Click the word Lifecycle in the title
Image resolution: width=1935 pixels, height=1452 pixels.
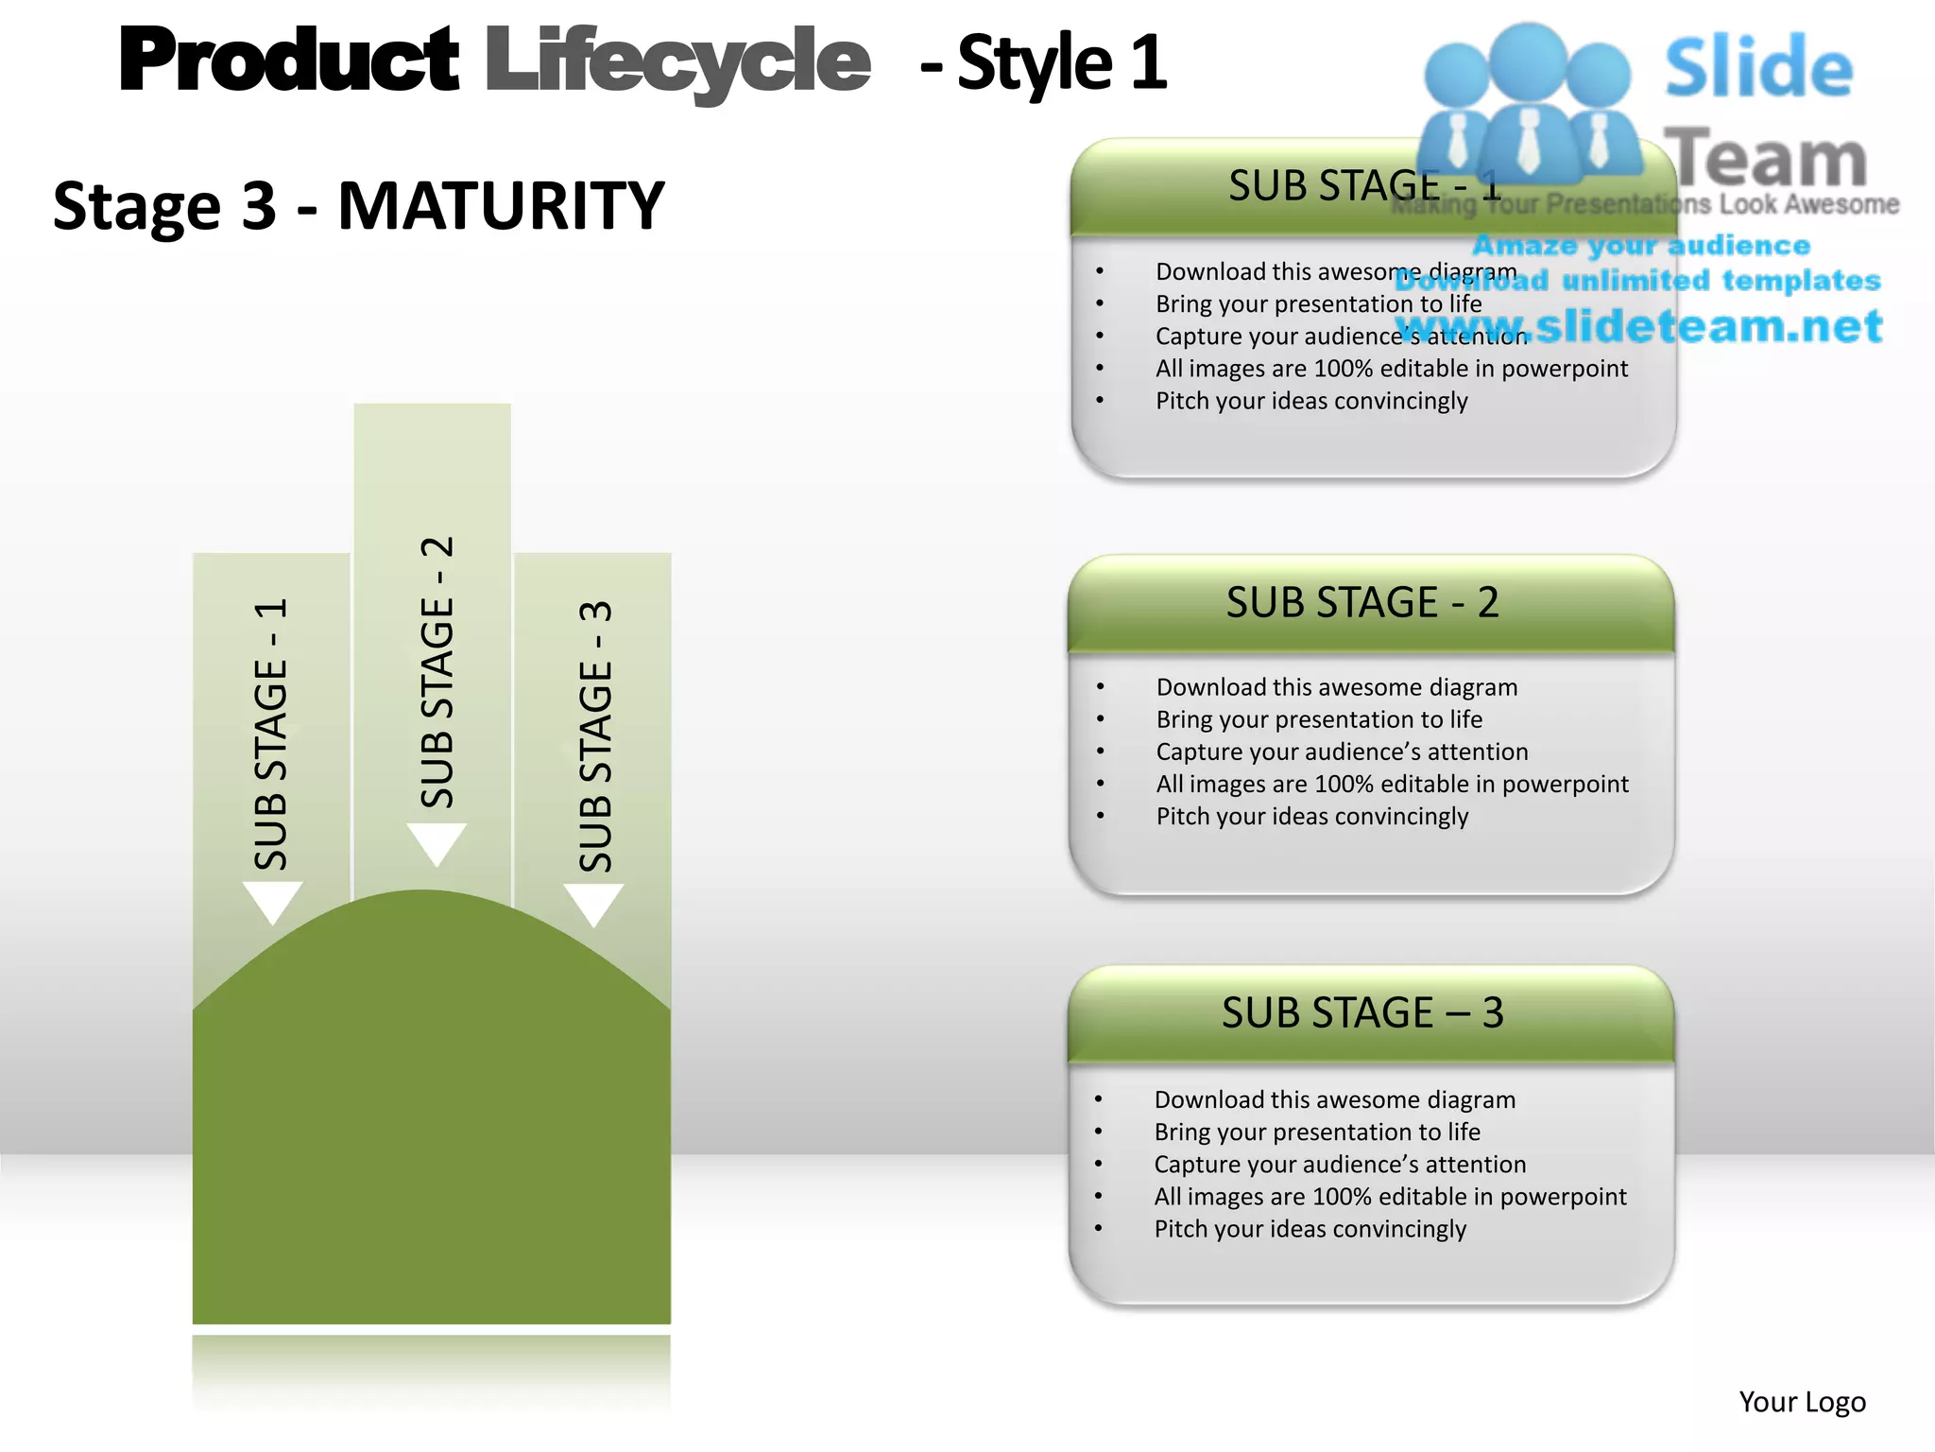[676, 62]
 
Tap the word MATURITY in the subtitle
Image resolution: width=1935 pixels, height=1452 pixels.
[501, 206]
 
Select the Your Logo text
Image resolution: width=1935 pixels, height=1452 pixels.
[1802, 1402]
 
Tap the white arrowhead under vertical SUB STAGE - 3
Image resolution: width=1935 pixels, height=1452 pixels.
[593, 904]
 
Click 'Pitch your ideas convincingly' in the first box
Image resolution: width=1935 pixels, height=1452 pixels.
[1311, 401]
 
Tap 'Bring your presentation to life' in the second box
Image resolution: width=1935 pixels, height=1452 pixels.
[1319, 719]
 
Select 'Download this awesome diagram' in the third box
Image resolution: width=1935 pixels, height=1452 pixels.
[1334, 1099]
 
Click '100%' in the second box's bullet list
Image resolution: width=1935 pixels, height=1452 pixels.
[1343, 784]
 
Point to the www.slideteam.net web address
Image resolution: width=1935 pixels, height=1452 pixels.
[1639, 326]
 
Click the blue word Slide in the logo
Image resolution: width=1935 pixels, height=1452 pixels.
[1758, 68]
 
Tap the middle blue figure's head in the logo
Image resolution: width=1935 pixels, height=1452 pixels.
[1528, 59]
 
